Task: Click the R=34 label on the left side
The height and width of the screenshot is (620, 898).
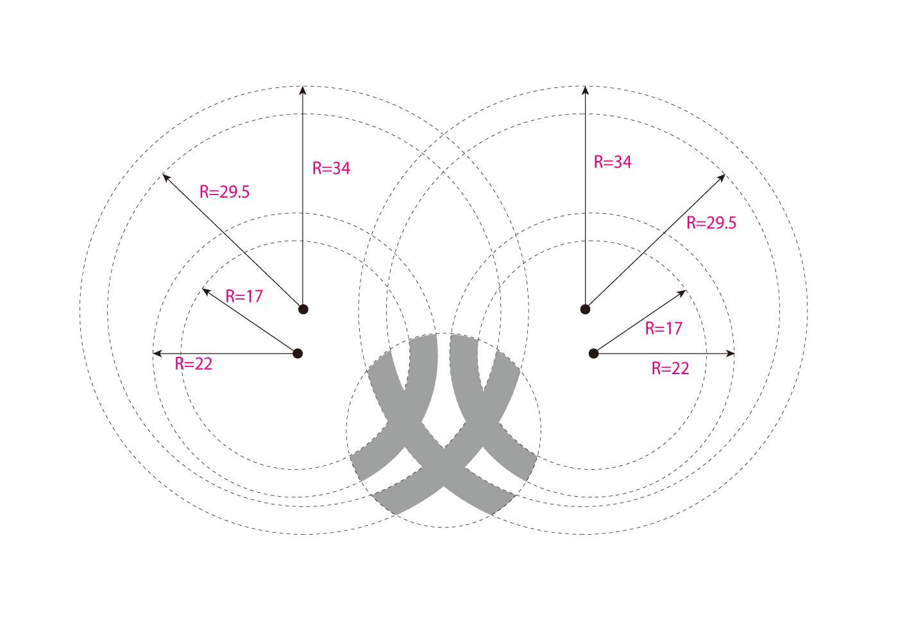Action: click(x=331, y=168)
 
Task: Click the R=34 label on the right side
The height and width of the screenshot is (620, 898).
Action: click(x=613, y=162)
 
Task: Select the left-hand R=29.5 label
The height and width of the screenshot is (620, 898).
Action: click(x=224, y=192)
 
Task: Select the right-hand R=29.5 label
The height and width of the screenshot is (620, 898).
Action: click(x=711, y=223)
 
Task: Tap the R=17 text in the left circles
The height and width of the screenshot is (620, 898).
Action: click(x=244, y=297)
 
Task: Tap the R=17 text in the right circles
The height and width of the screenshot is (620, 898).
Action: click(x=663, y=329)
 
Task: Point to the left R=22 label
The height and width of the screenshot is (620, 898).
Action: click(x=194, y=364)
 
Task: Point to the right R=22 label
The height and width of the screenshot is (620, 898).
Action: click(x=670, y=368)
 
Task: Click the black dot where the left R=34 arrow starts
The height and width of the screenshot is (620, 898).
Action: click(x=303, y=309)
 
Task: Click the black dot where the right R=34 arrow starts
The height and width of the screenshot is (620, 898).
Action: click(x=585, y=309)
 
